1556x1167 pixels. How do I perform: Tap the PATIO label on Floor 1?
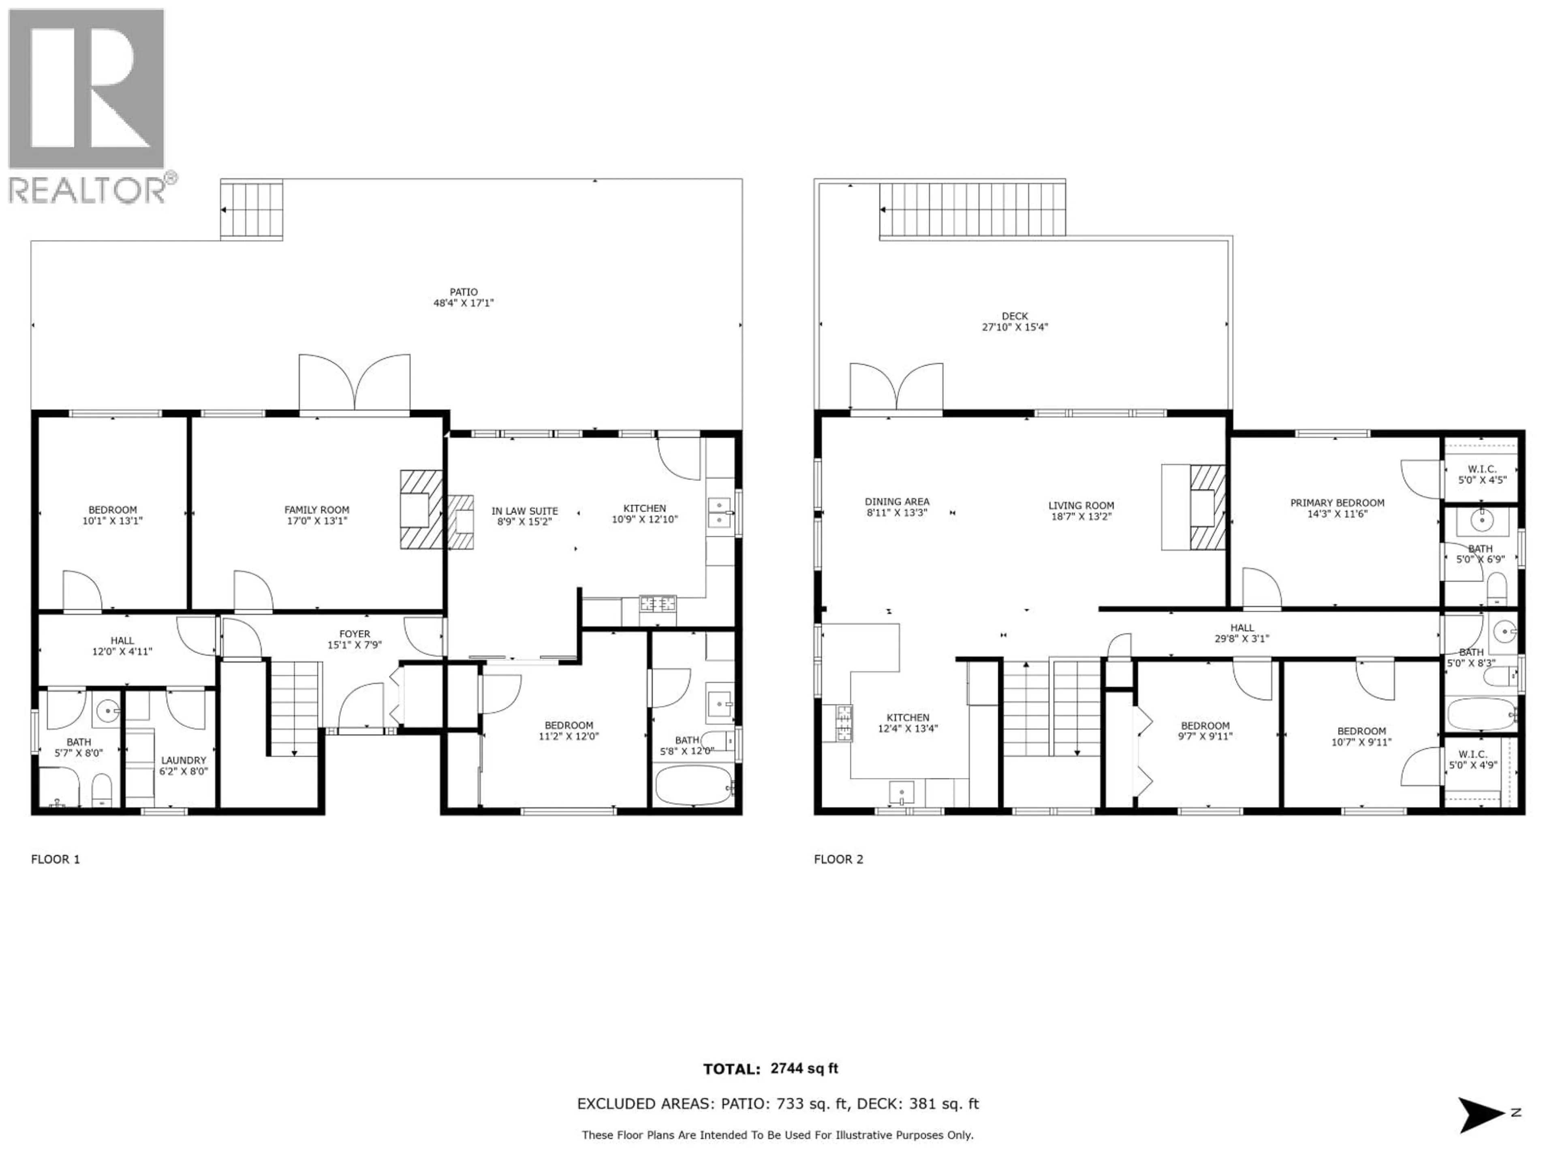pyautogui.click(x=464, y=292)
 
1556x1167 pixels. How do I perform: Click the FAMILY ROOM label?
pyautogui.click(x=316, y=510)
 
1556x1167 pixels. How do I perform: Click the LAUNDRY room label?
pyautogui.click(x=184, y=761)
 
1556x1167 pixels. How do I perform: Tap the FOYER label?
pyautogui.click(x=355, y=634)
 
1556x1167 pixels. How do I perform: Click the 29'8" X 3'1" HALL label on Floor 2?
pyautogui.click(x=1242, y=639)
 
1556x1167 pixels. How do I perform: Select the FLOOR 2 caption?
pyautogui.click(x=838, y=859)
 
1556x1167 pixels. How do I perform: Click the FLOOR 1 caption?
pyautogui.click(x=56, y=859)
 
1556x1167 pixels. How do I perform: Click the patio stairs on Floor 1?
pyautogui.click(x=252, y=209)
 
